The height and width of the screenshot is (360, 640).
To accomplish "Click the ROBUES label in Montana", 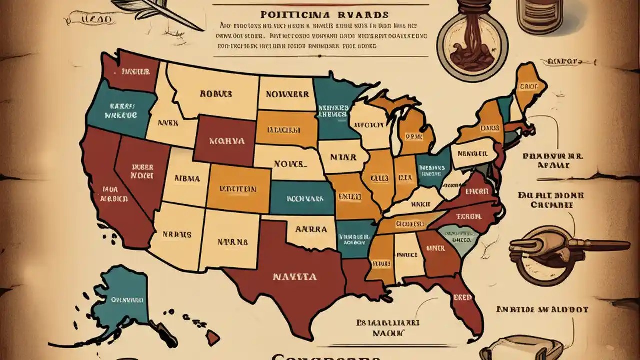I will (x=215, y=93).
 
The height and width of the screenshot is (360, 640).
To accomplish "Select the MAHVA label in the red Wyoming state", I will (x=226, y=141).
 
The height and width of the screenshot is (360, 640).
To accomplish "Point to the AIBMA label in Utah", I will (x=187, y=178).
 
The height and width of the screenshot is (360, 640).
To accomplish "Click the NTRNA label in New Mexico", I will (x=233, y=242).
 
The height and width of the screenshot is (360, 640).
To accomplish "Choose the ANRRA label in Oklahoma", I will (x=311, y=230).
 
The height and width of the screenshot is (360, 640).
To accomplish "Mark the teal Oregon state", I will (x=118, y=111).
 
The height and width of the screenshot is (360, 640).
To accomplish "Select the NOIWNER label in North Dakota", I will (x=286, y=93).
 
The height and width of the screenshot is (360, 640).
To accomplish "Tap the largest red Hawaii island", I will (x=213, y=338).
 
